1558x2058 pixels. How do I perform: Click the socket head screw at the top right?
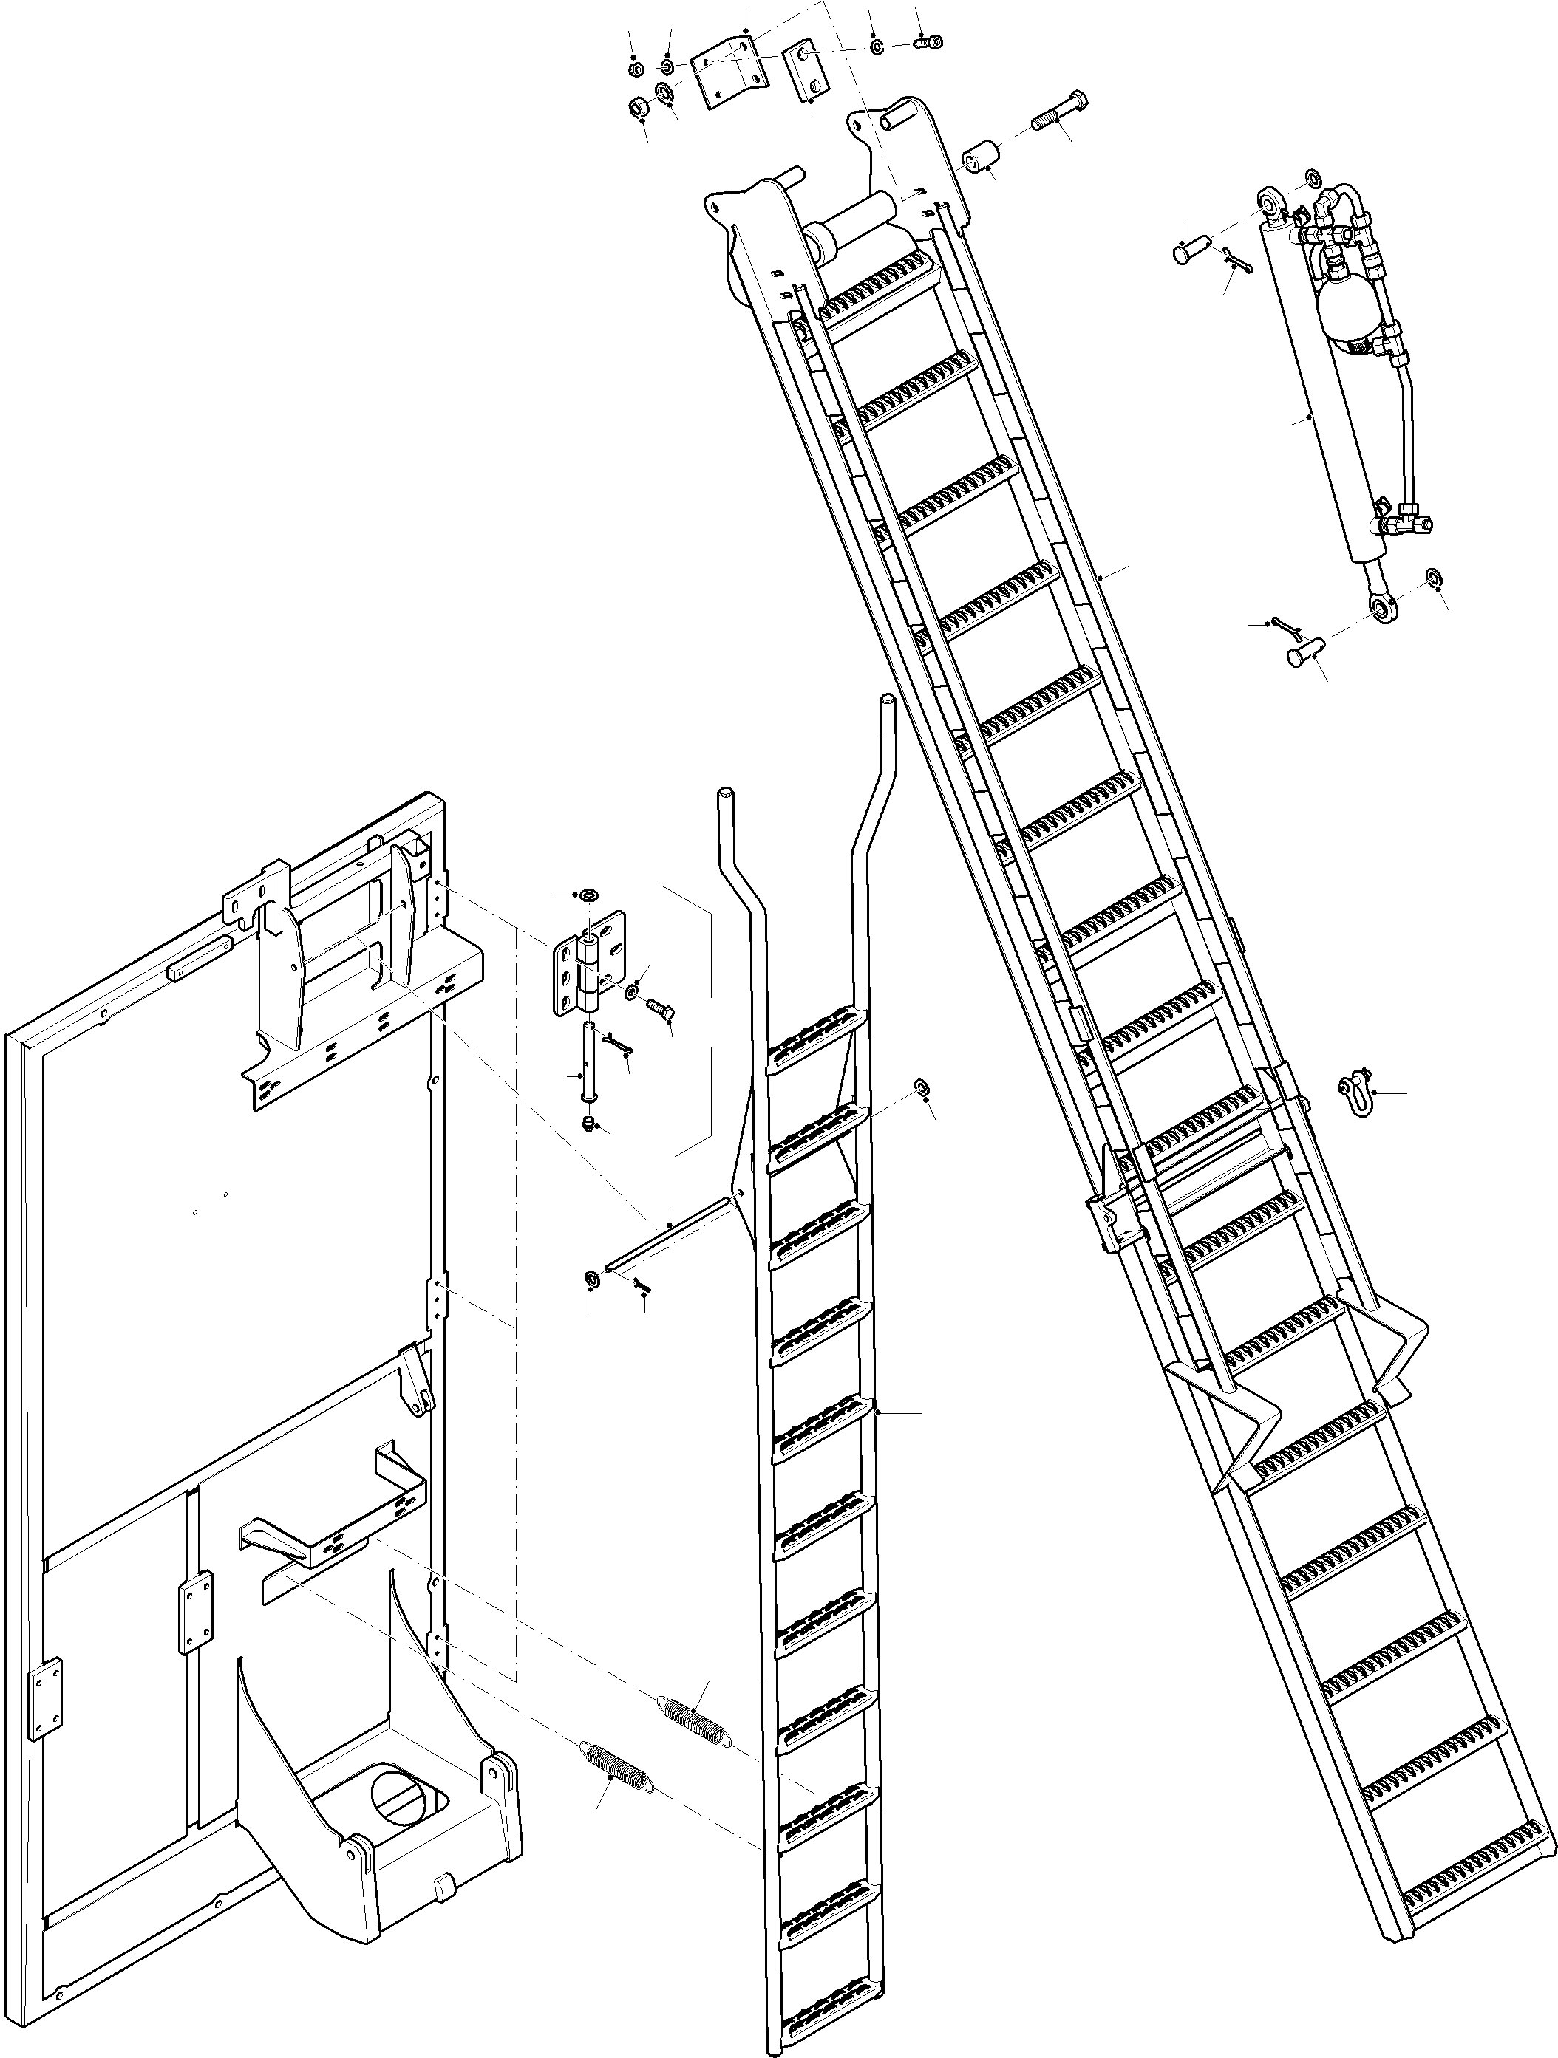[927, 42]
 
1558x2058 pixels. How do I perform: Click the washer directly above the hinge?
[589, 895]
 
